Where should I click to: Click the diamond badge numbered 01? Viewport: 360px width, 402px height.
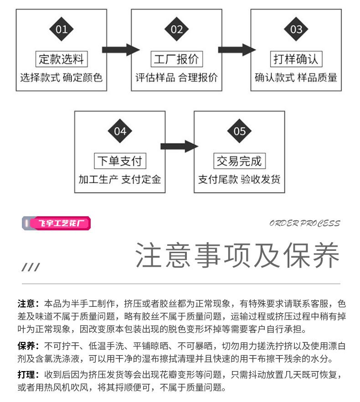[62, 29]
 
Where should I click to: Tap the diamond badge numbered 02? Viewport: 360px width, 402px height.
[176, 29]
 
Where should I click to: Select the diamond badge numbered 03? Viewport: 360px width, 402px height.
[296, 29]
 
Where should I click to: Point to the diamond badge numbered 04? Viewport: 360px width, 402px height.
[120, 131]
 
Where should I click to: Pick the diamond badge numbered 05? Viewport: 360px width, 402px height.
[239, 131]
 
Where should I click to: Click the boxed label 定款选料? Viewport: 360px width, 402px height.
[62, 59]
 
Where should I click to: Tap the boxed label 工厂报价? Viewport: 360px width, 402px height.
[177, 59]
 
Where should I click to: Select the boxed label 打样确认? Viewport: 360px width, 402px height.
[296, 59]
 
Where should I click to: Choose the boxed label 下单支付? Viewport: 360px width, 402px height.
[120, 161]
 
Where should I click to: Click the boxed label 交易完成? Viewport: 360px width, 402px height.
[239, 161]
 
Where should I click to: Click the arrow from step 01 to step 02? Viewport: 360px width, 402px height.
[121, 50]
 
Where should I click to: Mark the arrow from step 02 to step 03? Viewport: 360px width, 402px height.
[237, 50]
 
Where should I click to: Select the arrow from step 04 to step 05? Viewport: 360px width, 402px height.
[180, 147]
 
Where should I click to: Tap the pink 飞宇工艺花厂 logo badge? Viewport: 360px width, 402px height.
[56, 223]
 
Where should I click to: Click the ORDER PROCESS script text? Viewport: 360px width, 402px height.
[304, 223]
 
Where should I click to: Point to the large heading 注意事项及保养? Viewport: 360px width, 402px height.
[237, 255]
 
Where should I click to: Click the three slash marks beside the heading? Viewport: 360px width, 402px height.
[31, 267]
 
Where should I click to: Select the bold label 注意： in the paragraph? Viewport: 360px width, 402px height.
[28, 304]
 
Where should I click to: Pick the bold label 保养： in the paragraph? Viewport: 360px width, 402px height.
[28, 346]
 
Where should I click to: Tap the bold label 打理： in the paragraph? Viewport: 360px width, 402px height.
[28, 375]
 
